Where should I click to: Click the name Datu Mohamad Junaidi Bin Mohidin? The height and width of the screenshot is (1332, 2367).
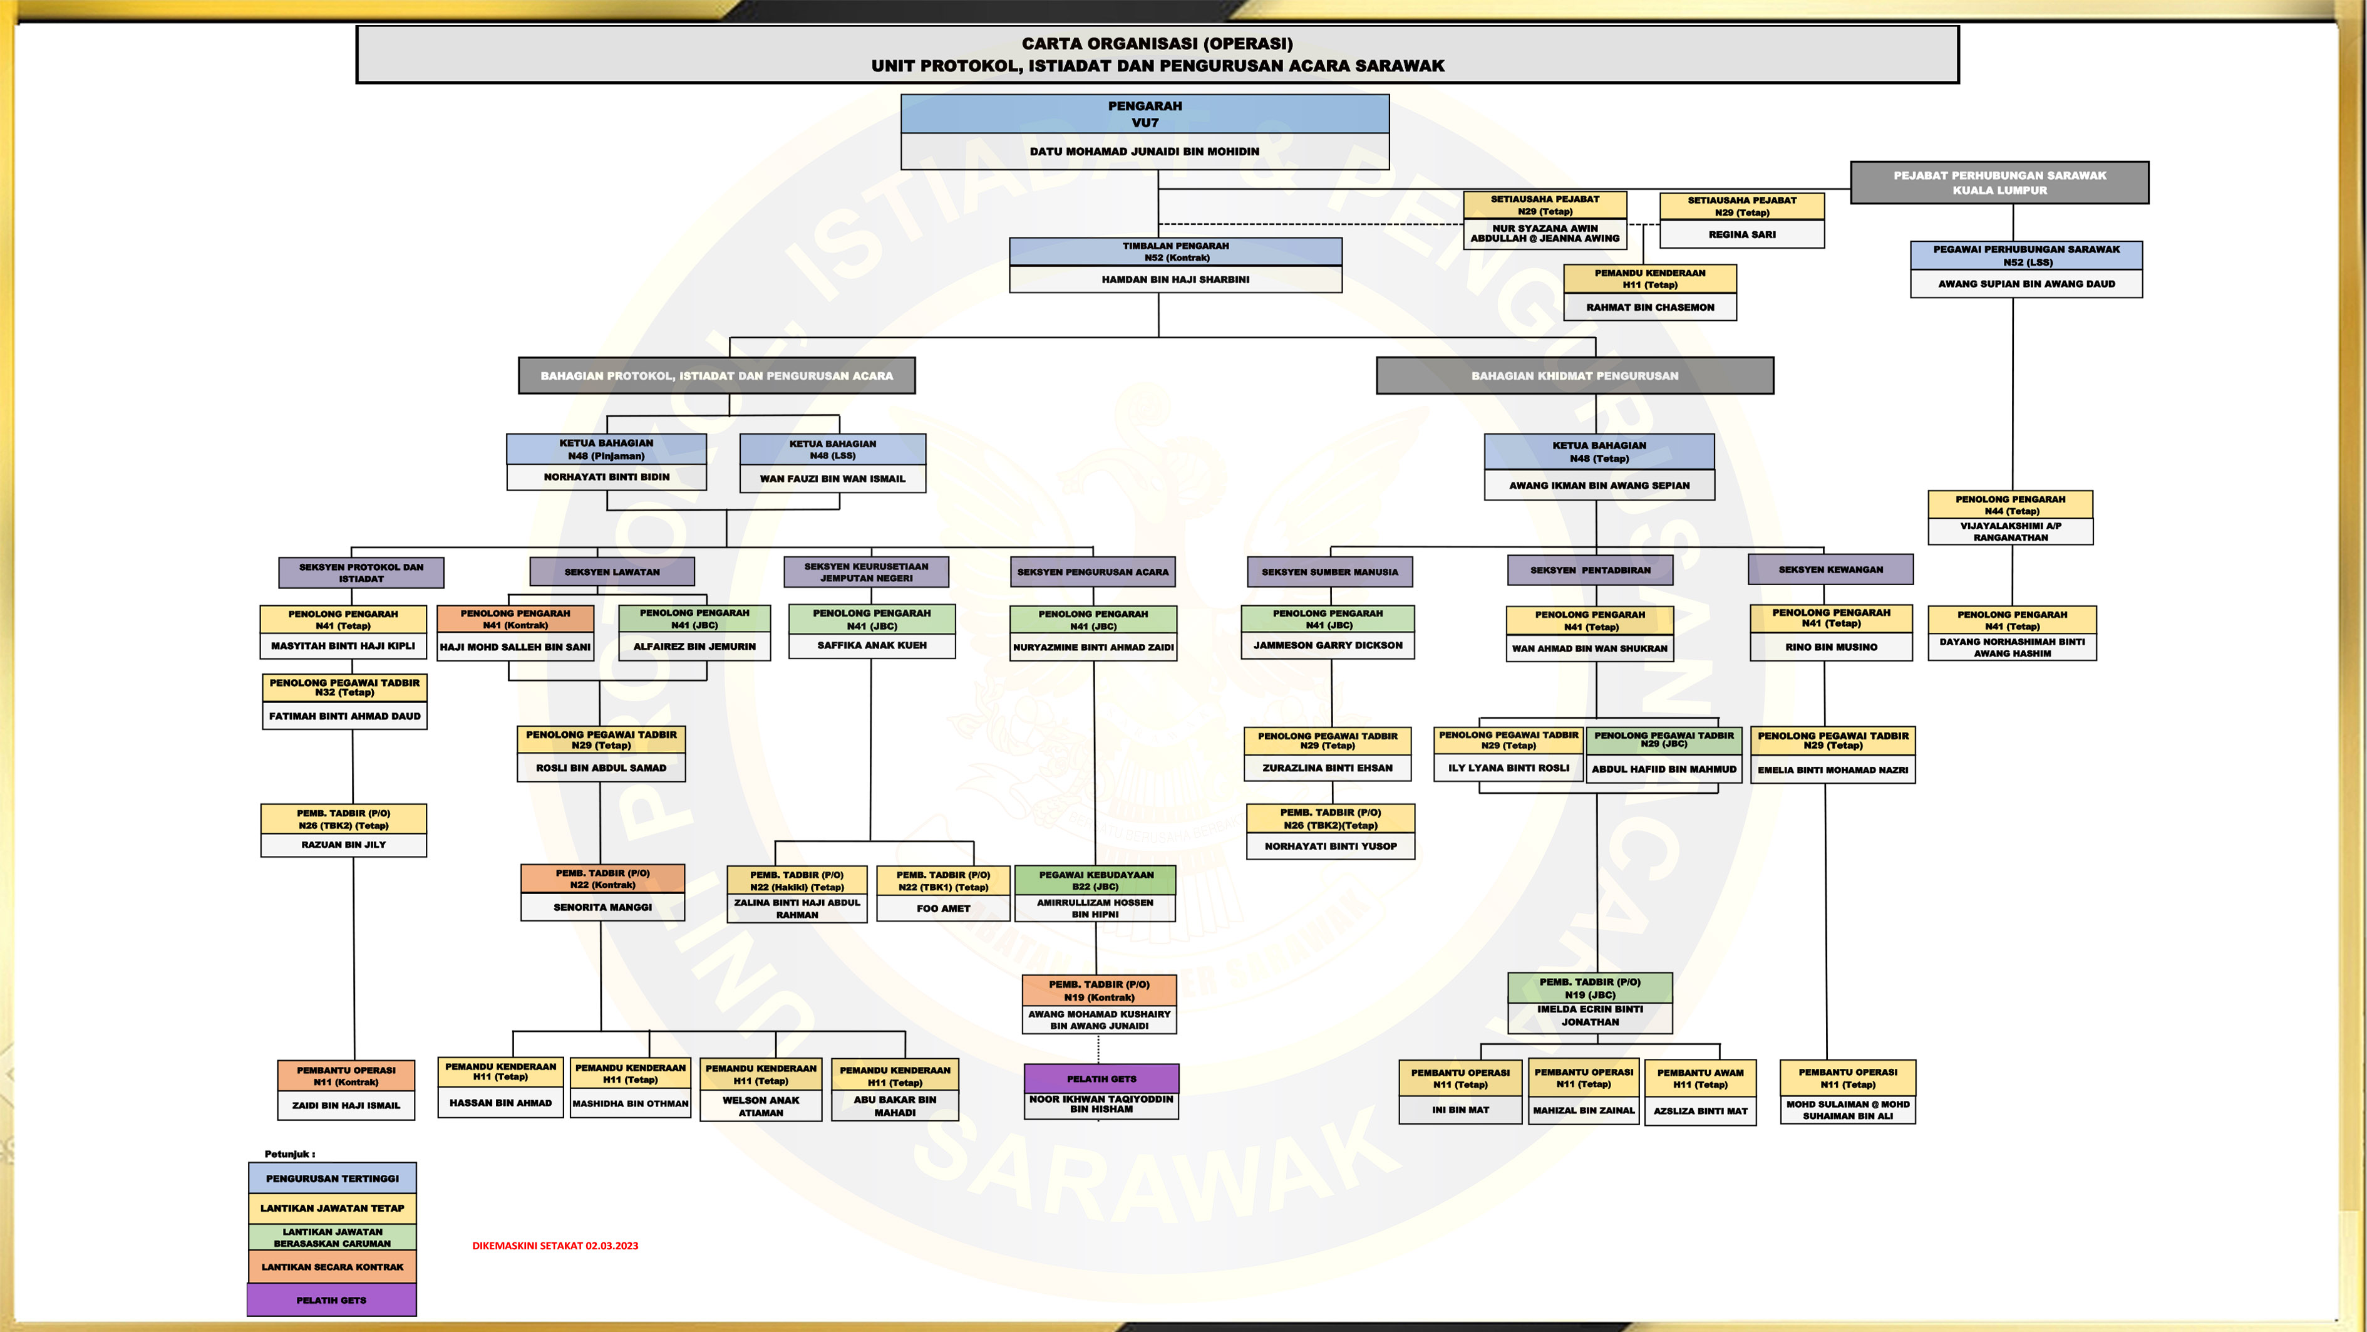[x=1144, y=152]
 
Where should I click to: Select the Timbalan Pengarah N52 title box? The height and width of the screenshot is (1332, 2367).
[x=1175, y=252]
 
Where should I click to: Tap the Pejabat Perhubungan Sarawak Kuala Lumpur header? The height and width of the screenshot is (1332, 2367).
[x=1999, y=183]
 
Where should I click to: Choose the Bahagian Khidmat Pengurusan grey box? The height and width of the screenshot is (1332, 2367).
[x=1574, y=376]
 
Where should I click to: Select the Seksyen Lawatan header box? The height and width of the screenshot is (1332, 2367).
[x=612, y=572]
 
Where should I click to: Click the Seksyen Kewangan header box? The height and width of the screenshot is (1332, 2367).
[x=1830, y=570]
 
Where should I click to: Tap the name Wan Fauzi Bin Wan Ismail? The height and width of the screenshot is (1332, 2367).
[x=832, y=479]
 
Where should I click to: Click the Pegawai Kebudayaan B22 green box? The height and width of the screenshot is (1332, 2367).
[x=1095, y=881]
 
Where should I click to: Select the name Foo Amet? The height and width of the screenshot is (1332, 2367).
[x=943, y=909]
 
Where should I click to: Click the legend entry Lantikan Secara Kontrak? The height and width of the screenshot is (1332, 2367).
[x=332, y=1267]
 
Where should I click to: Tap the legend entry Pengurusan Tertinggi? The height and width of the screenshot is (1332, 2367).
[x=332, y=1179]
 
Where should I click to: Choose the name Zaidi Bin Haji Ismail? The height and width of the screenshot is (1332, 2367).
[x=346, y=1106]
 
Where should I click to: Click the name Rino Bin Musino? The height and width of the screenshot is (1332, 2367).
[x=1830, y=647]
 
